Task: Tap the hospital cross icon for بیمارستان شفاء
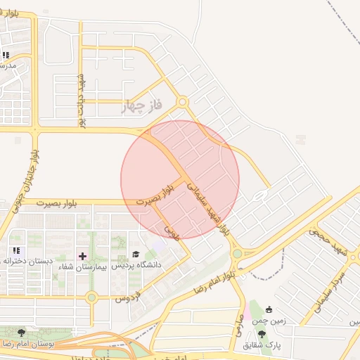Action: [x=82, y=255]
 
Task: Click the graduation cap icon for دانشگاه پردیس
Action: [x=136, y=255]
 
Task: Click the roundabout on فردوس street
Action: [x=91, y=297]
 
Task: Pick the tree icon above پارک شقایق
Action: [x=262, y=335]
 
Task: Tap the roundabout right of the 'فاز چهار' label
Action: [x=182, y=102]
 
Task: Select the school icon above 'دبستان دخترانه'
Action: [x=16, y=250]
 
